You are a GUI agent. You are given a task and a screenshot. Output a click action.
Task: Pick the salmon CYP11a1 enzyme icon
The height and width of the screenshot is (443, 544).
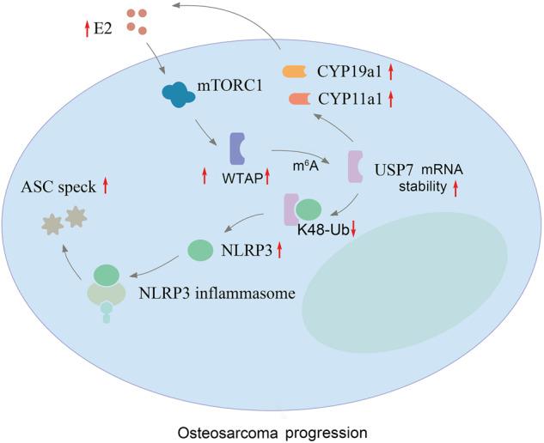tap(300, 100)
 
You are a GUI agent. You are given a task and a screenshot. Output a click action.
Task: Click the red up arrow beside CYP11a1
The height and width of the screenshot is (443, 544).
tap(391, 100)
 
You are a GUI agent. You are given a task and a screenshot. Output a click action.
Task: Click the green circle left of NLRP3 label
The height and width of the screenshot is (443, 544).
tap(199, 251)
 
